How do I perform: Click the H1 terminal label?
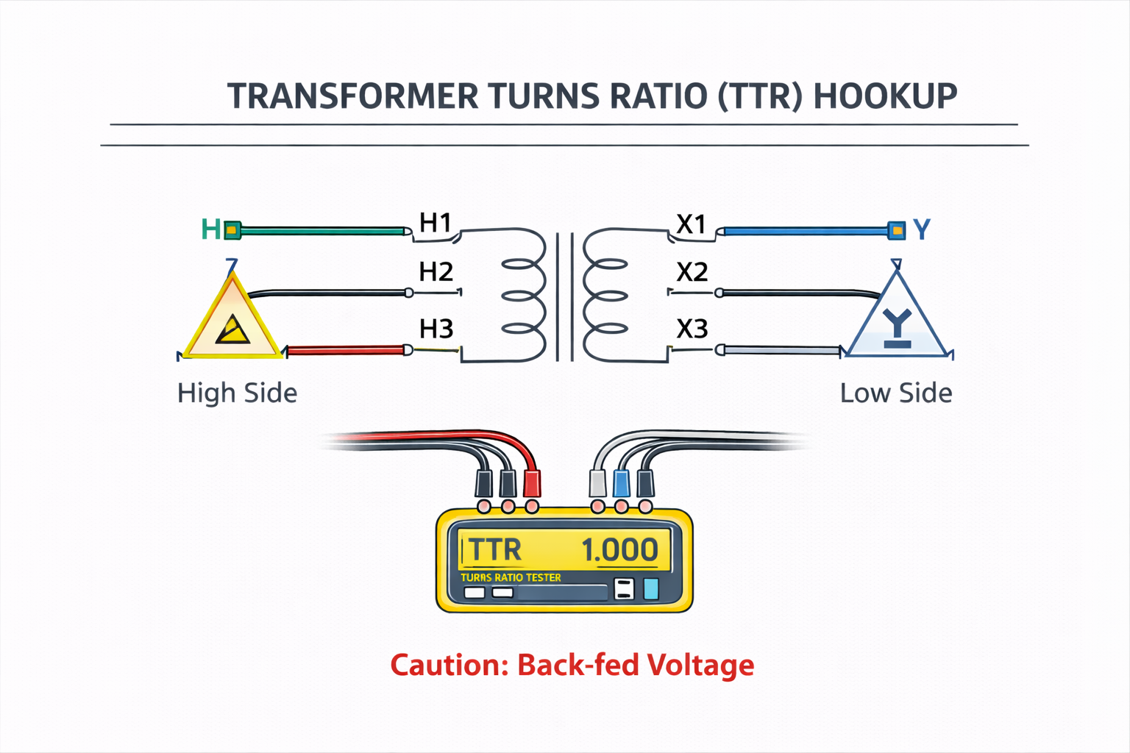pyautogui.click(x=435, y=222)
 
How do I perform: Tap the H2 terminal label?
pyautogui.click(x=436, y=272)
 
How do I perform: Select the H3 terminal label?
pyautogui.click(x=436, y=329)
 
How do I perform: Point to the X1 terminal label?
pyautogui.click(x=692, y=224)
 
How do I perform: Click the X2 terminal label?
pyautogui.click(x=692, y=273)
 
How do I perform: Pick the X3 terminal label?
pyautogui.click(x=692, y=329)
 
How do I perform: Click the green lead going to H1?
pyautogui.click(x=324, y=231)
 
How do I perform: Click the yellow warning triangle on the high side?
pyautogui.click(x=232, y=320)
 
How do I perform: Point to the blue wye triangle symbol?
pyautogui.click(x=897, y=320)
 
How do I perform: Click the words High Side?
pyautogui.click(x=237, y=393)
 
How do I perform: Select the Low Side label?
pyautogui.click(x=896, y=393)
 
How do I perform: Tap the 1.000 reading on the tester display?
pyautogui.click(x=619, y=550)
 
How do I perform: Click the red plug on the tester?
pyautogui.click(x=531, y=483)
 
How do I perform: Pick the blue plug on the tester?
pyautogui.click(x=622, y=483)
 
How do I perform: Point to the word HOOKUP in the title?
pyautogui.click(x=886, y=96)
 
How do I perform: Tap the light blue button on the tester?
pyautogui.click(x=651, y=589)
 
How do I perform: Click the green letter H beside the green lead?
pyautogui.click(x=210, y=230)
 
